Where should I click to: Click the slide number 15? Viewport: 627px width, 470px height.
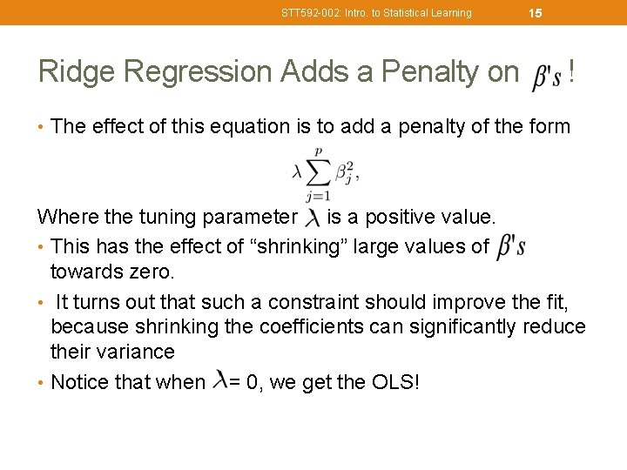tap(536, 13)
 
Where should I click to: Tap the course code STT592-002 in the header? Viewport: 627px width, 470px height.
tap(313, 13)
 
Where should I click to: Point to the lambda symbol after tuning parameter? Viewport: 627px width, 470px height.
tap(310, 218)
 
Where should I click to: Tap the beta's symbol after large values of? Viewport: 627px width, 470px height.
tap(510, 247)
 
